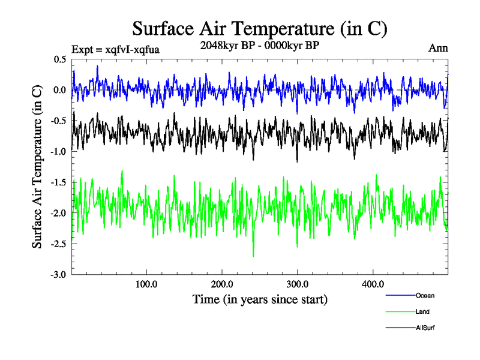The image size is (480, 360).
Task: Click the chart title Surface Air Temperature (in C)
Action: [x=260, y=28]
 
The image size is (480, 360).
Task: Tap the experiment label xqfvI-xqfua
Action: [x=115, y=49]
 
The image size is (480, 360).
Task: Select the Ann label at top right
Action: [x=438, y=48]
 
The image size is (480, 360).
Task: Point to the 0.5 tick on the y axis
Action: [x=59, y=59]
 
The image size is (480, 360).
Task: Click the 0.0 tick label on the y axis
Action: [x=59, y=90]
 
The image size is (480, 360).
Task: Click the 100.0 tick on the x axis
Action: [x=147, y=284]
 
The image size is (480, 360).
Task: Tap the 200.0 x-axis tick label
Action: [x=223, y=284]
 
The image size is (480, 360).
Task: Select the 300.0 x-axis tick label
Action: [x=298, y=284]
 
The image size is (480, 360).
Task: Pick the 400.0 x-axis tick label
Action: [x=373, y=284]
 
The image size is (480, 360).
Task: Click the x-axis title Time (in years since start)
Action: [x=260, y=299]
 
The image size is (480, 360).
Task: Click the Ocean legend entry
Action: [x=424, y=295]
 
